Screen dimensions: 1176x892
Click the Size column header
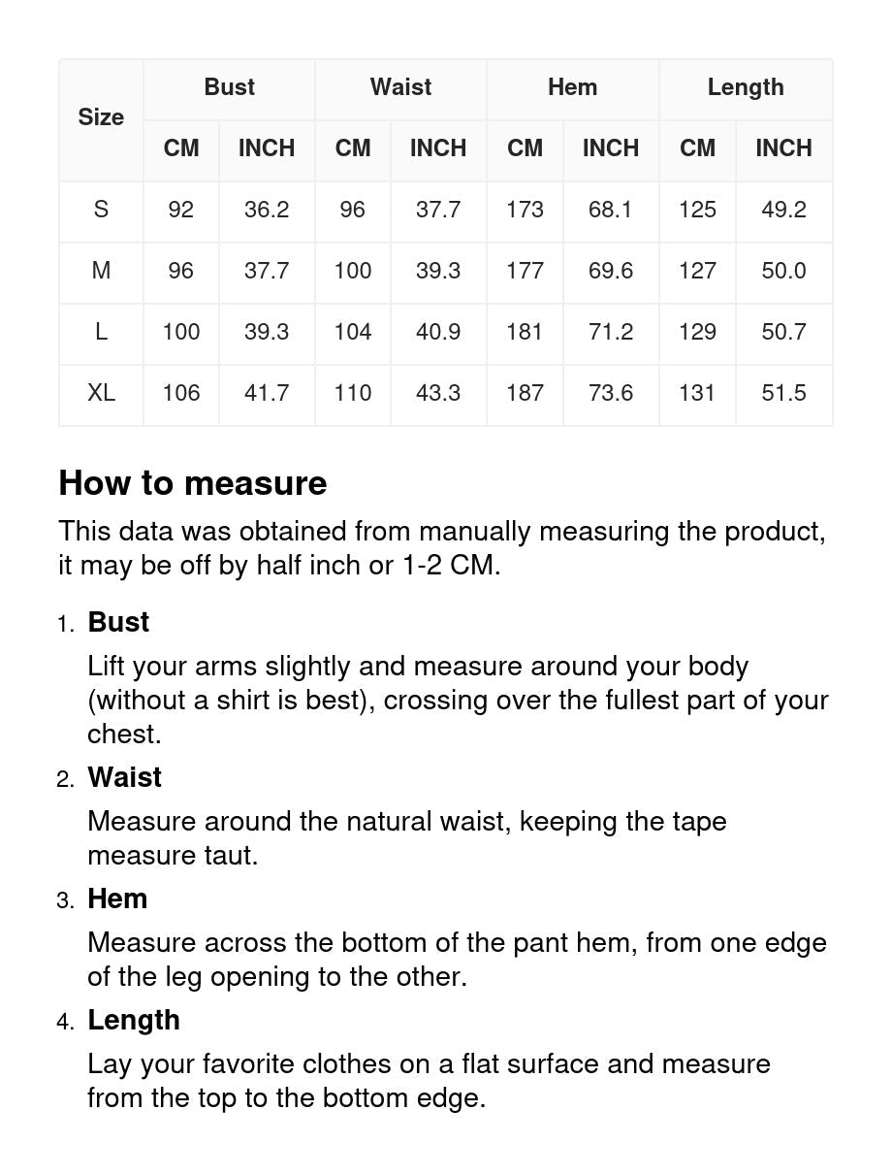(101, 117)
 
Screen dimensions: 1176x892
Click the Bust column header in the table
(229, 87)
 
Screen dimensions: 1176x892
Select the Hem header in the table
(572, 87)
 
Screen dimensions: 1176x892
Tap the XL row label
(101, 393)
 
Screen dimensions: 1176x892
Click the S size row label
(101, 210)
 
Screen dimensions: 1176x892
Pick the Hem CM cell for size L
(525, 332)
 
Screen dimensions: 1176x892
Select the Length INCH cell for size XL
(783, 393)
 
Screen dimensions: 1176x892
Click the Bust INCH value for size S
(267, 210)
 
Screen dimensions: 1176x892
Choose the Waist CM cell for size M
(353, 271)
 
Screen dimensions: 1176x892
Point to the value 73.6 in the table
(611, 393)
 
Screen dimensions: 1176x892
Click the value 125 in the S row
(697, 210)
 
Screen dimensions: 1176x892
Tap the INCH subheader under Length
(783, 148)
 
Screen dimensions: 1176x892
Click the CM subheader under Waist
(353, 148)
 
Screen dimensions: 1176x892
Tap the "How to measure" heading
(193, 483)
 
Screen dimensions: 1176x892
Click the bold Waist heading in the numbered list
(124, 777)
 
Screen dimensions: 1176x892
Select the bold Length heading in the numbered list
(134, 1020)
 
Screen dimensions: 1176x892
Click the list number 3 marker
(65, 900)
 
